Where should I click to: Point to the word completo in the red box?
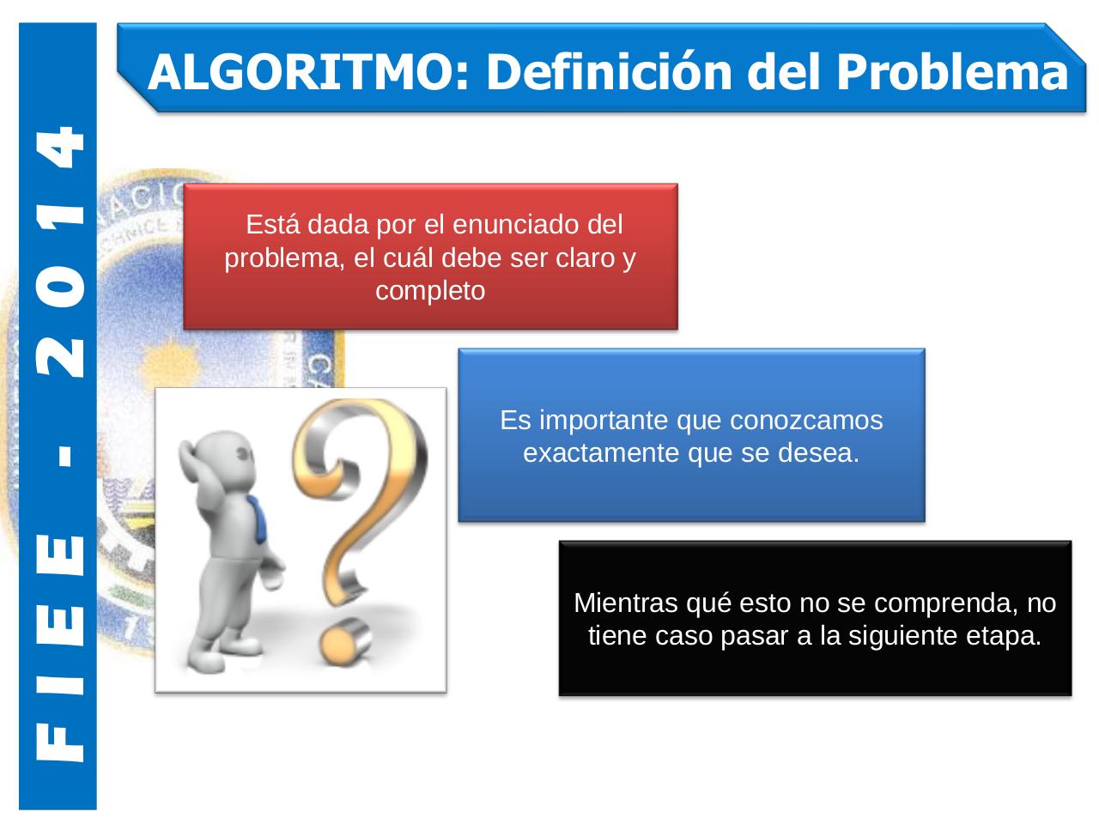[430, 291]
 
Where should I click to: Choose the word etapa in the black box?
[1010, 636]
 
